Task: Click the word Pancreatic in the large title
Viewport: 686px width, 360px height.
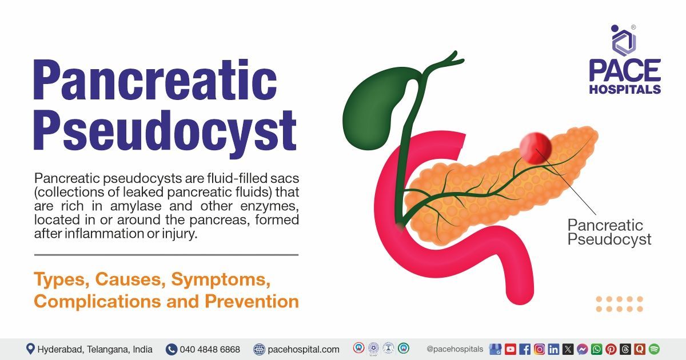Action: [x=154, y=82]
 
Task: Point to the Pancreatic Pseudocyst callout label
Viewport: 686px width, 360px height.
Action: [x=609, y=231]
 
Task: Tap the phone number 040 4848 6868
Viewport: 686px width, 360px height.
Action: [x=209, y=349]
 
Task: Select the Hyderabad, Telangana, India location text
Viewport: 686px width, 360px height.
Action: [x=95, y=349]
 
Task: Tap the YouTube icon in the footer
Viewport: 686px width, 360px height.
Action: [x=510, y=349]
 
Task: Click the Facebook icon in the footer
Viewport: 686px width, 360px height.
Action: [x=525, y=349]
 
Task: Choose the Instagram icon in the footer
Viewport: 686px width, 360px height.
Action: [x=539, y=349]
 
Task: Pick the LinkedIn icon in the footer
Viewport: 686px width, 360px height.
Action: [x=553, y=349]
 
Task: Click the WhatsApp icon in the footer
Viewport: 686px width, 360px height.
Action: [x=597, y=349]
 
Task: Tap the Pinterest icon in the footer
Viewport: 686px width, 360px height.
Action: [x=611, y=349]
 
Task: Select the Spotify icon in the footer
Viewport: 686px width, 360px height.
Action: [x=654, y=349]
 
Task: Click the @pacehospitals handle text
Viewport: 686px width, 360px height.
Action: [x=454, y=349]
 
